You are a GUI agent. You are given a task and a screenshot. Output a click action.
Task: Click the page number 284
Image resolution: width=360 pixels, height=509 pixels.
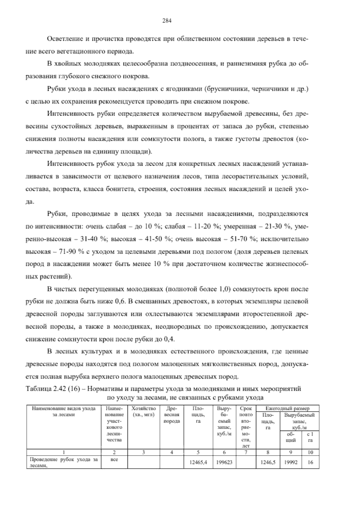pyautogui.click(x=166, y=21)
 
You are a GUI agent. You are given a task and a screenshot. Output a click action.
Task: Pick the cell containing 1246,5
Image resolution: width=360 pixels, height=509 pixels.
pyautogui.click(x=268, y=462)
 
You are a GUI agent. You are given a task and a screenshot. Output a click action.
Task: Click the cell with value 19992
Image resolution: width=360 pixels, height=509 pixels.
pyautogui.click(x=291, y=462)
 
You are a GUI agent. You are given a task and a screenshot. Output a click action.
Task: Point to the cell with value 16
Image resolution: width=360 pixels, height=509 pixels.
pyautogui.click(x=310, y=462)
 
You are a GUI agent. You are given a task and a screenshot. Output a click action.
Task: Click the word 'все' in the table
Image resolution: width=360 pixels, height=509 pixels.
pyautogui.click(x=114, y=459)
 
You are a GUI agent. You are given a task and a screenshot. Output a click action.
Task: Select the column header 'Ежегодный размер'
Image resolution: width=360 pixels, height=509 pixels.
pyautogui.click(x=287, y=408)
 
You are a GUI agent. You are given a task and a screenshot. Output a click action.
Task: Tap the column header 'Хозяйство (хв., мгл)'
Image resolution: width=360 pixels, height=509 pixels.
pyautogui.click(x=143, y=411)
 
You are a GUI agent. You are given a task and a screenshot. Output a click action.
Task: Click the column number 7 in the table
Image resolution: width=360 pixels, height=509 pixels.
pyautogui.click(x=246, y=452)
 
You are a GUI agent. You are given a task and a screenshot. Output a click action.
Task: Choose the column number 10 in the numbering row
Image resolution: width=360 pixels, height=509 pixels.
pyautogui.click(x=310, y=452)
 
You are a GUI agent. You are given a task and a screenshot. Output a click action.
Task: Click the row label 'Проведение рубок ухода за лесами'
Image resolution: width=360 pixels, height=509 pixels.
pyautogui.click(x=64, y=462)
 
